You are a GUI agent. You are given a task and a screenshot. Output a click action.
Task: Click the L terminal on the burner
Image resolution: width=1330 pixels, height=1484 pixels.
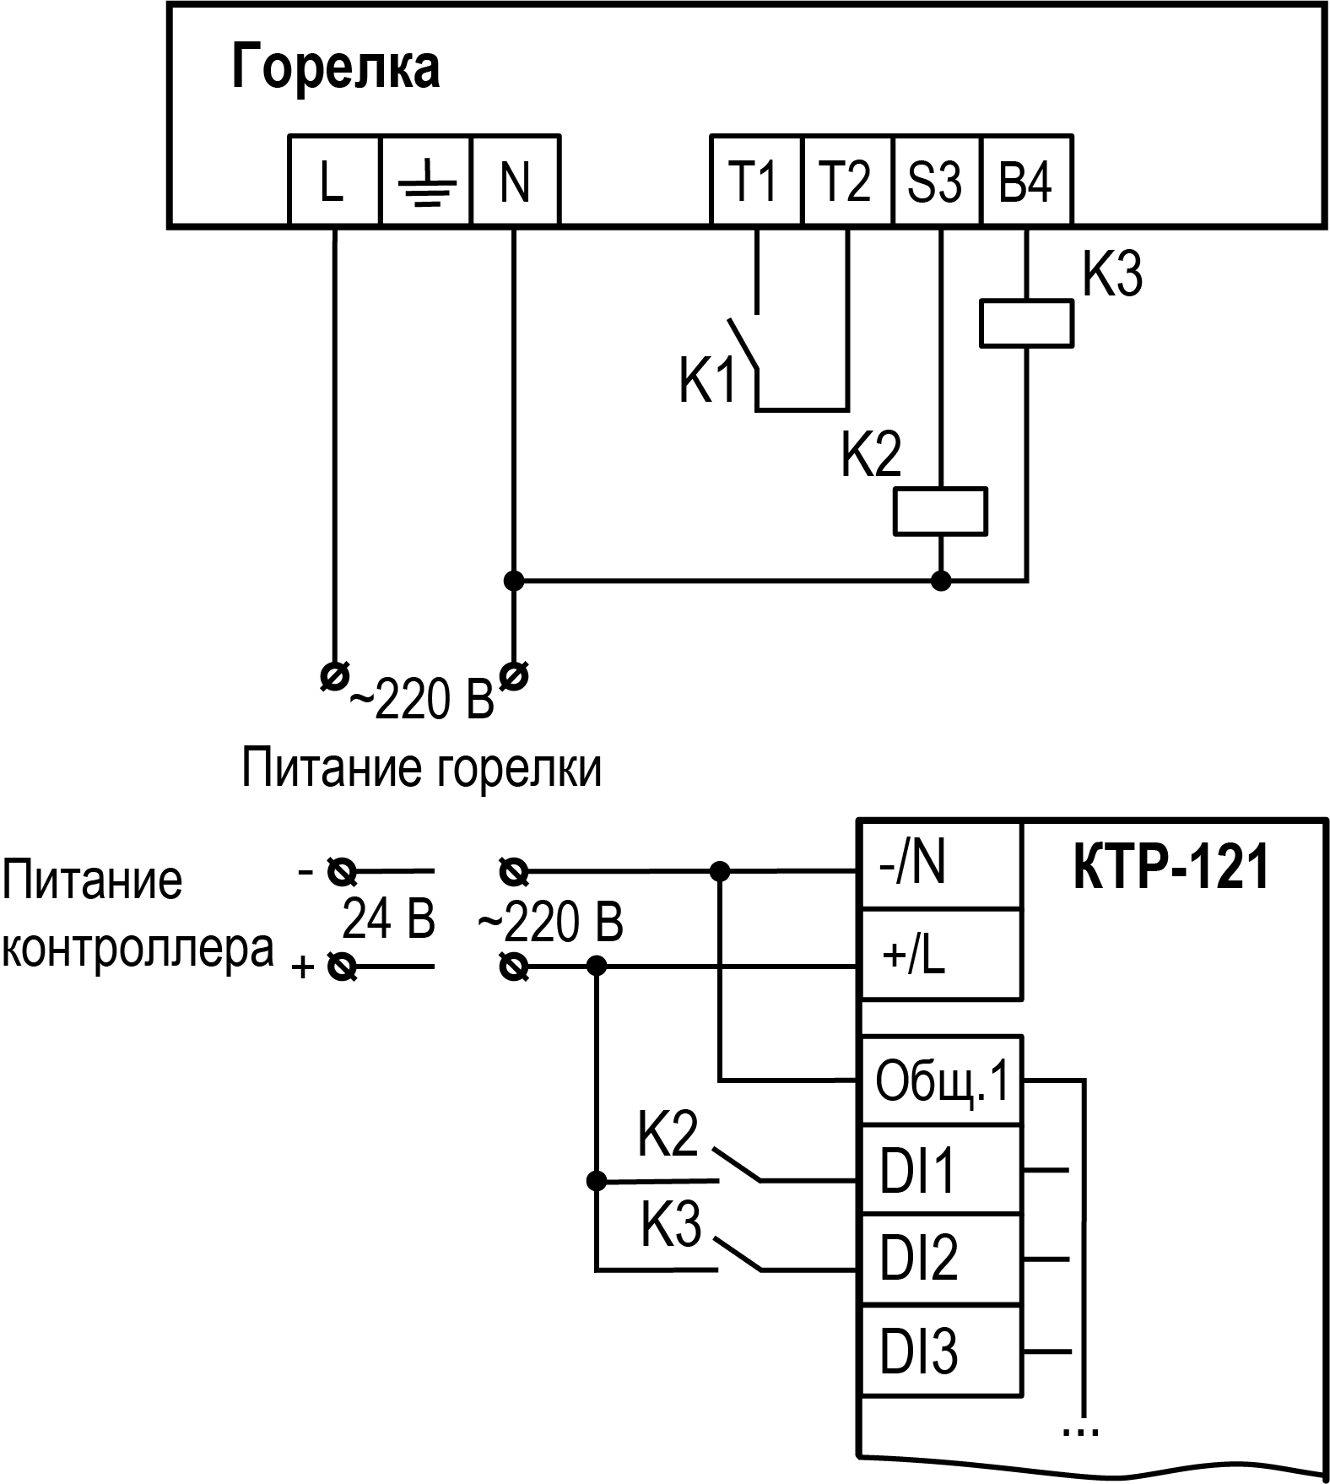tap(332, 181)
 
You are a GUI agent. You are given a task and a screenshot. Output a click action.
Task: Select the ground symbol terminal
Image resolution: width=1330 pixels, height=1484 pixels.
tap(425, 181)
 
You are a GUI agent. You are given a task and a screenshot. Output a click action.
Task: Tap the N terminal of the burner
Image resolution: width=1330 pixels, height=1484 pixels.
tap(515, 181)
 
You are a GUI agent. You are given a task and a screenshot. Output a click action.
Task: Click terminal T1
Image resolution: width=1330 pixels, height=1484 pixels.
tap(754, 181)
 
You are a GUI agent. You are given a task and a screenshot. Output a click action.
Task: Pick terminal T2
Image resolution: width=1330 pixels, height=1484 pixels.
tap(846, 181)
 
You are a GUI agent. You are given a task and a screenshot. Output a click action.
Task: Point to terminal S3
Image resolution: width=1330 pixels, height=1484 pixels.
tap(935, 181)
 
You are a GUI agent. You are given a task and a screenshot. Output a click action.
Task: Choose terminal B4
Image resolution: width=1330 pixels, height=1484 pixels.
tap(1026, 181)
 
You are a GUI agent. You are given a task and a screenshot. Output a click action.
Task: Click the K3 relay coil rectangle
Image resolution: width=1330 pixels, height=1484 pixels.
tap(1026, 323)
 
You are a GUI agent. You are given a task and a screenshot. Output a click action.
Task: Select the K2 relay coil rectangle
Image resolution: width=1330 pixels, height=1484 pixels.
tap(940, 511)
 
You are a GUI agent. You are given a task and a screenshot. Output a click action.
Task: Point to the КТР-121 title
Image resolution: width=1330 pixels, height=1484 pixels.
tap(1171, 868)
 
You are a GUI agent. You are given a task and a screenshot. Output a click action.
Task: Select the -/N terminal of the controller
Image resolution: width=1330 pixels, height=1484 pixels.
tap(940, 865)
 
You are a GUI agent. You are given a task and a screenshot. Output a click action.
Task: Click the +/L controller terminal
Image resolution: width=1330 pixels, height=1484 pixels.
tap(940, 956)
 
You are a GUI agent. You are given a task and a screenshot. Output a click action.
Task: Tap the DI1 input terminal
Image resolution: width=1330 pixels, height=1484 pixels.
tap(940, 1170)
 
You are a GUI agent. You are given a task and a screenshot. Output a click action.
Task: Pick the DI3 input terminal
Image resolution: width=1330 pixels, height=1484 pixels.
tap(940, 1351)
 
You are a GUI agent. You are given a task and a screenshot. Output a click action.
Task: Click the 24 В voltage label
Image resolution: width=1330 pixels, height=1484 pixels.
tap(388, 919)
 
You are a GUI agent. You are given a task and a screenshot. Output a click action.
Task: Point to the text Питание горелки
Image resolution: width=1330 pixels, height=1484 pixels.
tap(422, 768)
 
